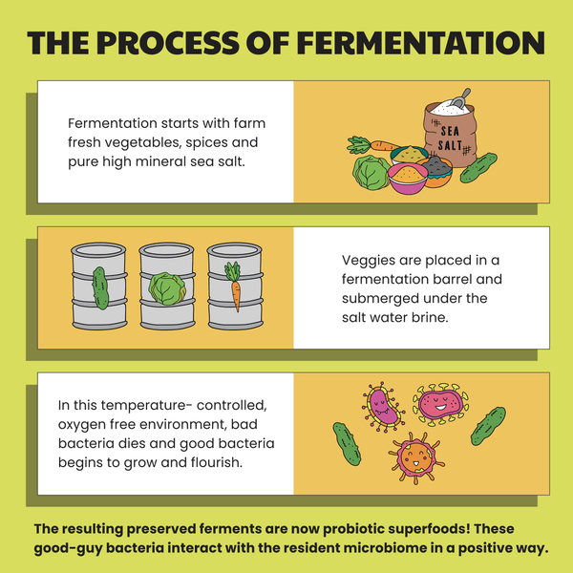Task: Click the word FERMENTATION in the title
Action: [420, 43]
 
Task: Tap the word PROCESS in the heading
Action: [168, 43]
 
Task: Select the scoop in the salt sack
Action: [460, 98]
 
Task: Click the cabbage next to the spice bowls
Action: [371, 173]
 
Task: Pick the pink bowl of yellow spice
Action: [408, 179]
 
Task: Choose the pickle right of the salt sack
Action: [478, 167]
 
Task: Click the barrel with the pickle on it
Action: [99, 286]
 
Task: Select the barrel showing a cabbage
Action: [167, 286]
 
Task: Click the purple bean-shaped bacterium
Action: [384, 407]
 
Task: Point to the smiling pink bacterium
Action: [440, 404]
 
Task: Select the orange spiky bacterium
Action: [416, 457]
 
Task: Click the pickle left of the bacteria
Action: [347, 444]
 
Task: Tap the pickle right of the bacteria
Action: [488, 426]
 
